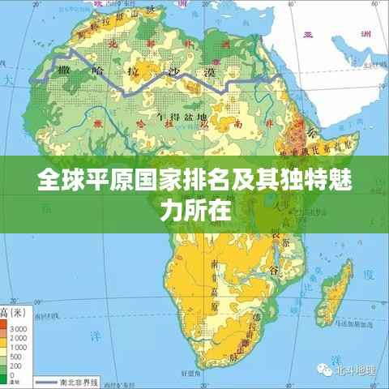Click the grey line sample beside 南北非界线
coord(46,381)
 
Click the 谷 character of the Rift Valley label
coord(275,269)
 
